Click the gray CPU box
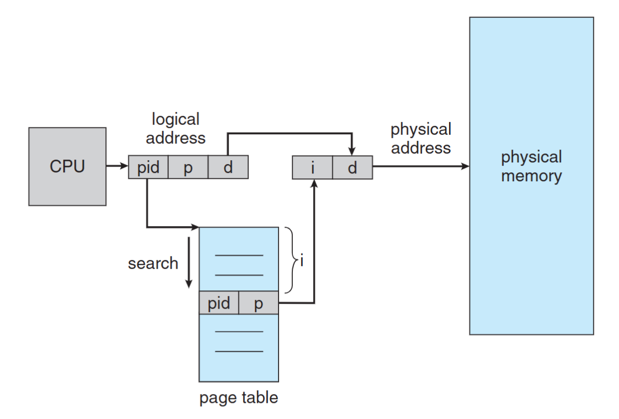tap(67, 166)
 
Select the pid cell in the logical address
tap(148, 167)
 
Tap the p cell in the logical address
tap(188, 167)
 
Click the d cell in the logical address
tap(228, 167)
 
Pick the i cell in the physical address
tap(312, 167)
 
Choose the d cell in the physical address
tap(353, 167)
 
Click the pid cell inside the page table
tap(219, 304)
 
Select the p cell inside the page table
tap(259, 304)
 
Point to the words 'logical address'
tap(176, 128)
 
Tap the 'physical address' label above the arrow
tap(421, 139)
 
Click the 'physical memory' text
tap(531, 166)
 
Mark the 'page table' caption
tap(239, 397)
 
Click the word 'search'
tap(153, 263)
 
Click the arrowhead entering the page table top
tap(194, 227)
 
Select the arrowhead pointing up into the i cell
tap(314, 185)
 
